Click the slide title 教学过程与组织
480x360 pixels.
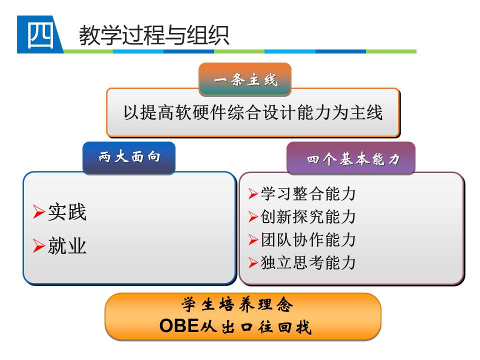pyautogui.click(x=154, y=35)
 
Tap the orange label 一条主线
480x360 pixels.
pyautogui.click(x=245, y=79)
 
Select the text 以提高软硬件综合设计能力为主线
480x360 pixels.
pyautogui.click(x=253, y=112)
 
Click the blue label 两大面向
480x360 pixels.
pyautogui.click(x=129, y=157)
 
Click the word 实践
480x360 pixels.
pyautogui.click(x=67, y=212)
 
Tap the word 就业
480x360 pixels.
pyautogui.click(x=67, y=245)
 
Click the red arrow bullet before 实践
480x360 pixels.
pyautogui.click(x=39, y=212)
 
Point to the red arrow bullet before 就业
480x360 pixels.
pyautogui.click(x=39, y=245)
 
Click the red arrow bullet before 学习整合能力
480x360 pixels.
pyautogui.click(x=253, y=194)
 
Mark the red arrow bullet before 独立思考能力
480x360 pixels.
pyautogui.click(x=253, y=262)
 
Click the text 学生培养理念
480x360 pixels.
pyautogui.click(x=237, y=304)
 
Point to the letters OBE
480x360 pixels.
pyautogui.click(x=179, y=325)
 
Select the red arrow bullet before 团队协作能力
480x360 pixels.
pyautogui.click(x=253, y=239)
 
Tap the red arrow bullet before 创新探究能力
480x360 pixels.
pyautogui.click(x=253, y=216)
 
